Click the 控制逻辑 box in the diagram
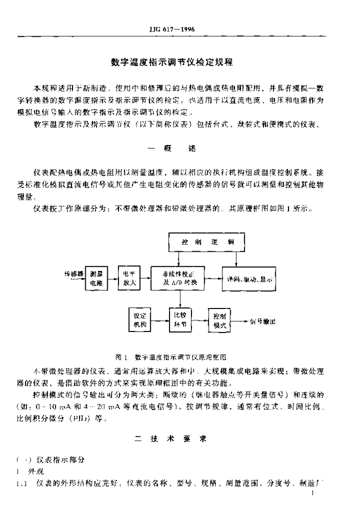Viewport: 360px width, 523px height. pos(207,242)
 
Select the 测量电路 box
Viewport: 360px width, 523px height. pos(97,278)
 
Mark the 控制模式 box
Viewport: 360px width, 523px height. pos(219,320)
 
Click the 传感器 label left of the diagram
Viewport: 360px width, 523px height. pos(74,273)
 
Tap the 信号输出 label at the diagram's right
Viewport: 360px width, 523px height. pos(263,321)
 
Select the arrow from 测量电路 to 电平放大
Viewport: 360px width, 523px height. pos(112,278)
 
